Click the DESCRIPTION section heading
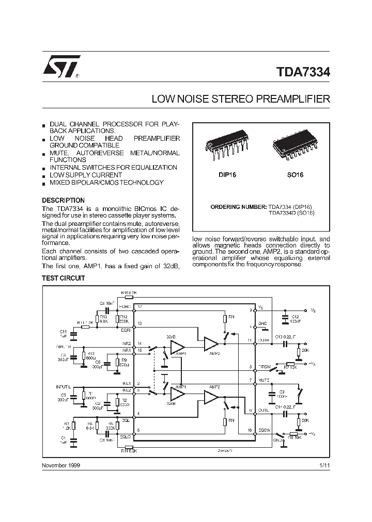(63, 200)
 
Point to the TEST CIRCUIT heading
(63, 278)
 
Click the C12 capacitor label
(295, 317)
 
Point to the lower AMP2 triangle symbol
(211, 397)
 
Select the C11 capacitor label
(63, 331)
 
